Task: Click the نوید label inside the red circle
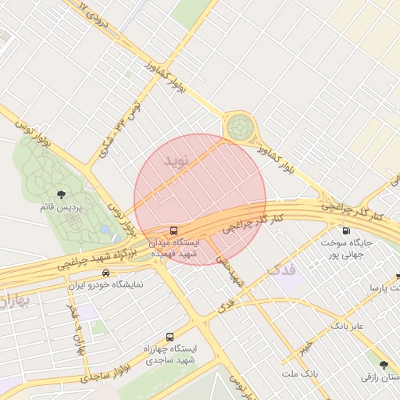177,160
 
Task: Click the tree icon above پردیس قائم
62,195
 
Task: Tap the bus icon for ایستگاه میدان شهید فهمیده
173,230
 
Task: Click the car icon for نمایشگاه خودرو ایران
105,273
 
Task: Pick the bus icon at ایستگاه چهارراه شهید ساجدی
170,337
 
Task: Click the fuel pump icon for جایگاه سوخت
346,230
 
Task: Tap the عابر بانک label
348,324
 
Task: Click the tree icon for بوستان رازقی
383,365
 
